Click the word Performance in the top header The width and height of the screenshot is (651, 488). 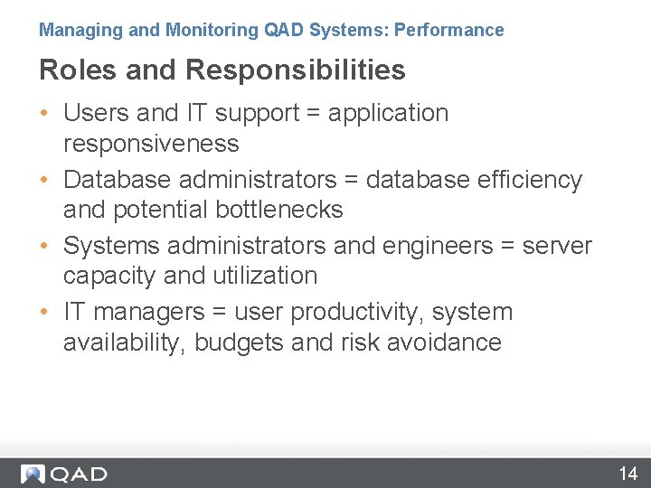pos(448,30)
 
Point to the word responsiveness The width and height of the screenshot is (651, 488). pos(151,144)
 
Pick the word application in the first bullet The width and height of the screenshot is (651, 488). pos(388,113)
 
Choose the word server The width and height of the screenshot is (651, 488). pos(557,246)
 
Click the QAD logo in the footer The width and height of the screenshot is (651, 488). pos(64,474)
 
